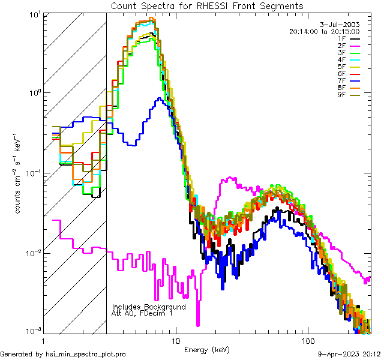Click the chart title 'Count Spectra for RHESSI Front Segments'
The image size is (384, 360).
coord(207,5)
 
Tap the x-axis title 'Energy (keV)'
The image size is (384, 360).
coord(206,350)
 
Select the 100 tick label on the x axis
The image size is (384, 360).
coord(308,340)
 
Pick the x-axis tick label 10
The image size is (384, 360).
coord(175,340)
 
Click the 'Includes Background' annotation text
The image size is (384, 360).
coord(149,307)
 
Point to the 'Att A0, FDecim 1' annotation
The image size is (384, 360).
coord(142,313)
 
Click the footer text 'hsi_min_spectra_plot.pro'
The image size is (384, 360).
coord(86,355)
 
